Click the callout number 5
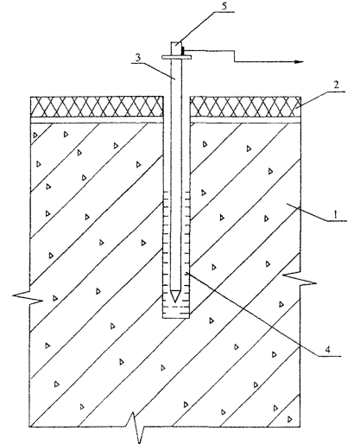pos(224,6)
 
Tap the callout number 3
pos(138,57)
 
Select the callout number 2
pos(336,85)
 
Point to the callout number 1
pos(335,214)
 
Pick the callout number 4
pos(327,350)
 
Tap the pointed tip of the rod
pos(175,301)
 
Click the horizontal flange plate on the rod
pos(176,57)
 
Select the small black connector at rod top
pos(183,51)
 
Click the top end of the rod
pos(175,43)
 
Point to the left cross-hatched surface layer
pos(97,107)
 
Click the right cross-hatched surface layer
pos(246,107)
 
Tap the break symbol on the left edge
pos(28,295)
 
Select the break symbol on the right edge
pos(300,278)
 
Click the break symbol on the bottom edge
pos(136,428)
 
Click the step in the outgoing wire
pos(235,56)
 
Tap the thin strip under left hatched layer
pos(97,120)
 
